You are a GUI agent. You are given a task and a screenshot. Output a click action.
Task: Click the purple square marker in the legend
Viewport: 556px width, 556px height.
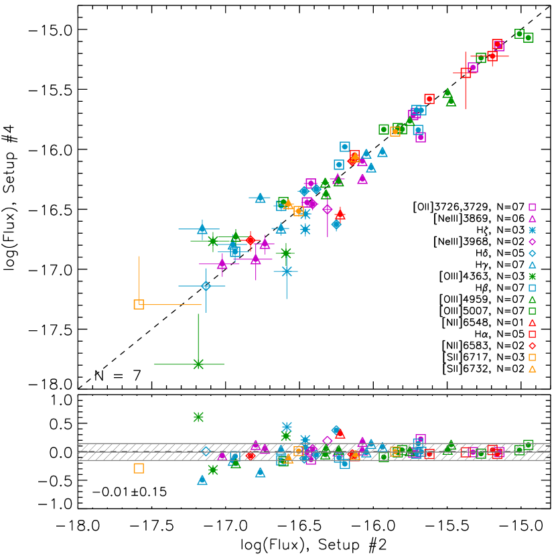pos(532,207)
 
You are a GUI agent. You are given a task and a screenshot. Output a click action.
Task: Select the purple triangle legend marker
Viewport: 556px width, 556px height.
pos(532,219)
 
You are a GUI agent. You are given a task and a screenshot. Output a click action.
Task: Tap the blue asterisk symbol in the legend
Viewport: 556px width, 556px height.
pos(532,230)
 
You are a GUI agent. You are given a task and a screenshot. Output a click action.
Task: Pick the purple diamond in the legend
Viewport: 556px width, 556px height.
pos(532,242)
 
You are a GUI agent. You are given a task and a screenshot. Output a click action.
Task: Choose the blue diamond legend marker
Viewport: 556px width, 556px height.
pos(532,253)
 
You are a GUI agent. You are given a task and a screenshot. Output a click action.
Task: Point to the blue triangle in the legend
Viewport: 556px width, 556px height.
pos(532,265)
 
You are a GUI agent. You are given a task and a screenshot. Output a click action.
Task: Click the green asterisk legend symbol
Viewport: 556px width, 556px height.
pos(532,276)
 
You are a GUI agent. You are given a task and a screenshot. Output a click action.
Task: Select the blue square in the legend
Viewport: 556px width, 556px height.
pos(532,288)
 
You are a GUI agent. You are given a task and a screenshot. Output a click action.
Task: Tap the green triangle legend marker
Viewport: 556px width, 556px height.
pos(532,300)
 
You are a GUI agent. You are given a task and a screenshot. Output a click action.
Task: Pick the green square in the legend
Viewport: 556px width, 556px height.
pos(532,311)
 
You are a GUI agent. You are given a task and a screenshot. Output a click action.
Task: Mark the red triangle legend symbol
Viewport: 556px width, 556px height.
pos(532,323)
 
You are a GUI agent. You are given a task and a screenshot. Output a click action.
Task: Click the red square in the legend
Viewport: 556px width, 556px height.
pos(532,334)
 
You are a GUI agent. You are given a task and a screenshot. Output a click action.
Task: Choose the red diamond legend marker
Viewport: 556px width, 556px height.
pos(532,346)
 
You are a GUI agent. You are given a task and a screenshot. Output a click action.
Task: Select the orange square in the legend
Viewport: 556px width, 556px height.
pos(532,357)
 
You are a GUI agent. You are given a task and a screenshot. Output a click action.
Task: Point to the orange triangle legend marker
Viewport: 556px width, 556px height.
pos(532,369)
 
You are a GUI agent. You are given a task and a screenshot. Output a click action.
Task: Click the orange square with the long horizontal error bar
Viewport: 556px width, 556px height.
pos(139,304)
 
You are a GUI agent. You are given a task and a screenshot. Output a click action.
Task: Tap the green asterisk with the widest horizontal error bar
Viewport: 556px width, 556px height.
pos(198,364)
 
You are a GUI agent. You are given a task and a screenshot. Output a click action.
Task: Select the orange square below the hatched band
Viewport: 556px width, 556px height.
pos(139,468)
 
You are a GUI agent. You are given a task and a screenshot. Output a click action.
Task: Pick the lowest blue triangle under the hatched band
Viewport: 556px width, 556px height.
pos(202,480)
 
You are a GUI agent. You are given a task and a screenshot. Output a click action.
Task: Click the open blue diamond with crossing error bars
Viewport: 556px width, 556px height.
pos(206,286)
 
